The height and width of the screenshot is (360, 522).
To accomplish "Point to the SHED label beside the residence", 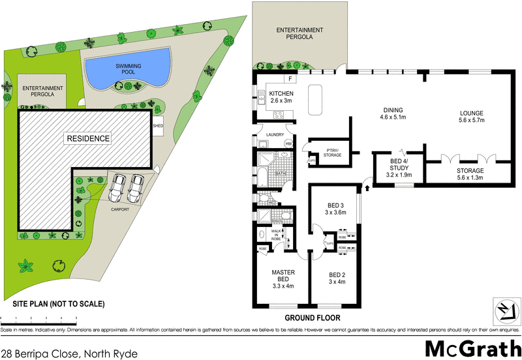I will (x=157, y=126).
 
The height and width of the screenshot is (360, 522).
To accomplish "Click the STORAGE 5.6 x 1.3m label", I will (x=466, y=174).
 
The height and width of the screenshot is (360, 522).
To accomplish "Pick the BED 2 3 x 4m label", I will (x=337, y=278).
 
